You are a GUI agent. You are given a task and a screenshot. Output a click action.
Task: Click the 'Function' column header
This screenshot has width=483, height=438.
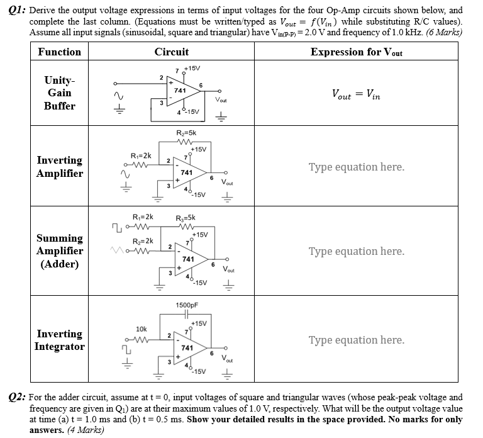point(59,52)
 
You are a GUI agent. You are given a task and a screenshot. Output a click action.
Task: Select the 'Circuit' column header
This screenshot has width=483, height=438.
point(171,52)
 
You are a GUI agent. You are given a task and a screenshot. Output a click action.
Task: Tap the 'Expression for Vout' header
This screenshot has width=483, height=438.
point(356,52)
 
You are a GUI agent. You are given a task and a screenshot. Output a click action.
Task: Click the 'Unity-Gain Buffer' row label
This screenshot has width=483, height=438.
point(59,93)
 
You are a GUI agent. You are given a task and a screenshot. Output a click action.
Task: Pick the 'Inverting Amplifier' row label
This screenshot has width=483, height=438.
point(59,167)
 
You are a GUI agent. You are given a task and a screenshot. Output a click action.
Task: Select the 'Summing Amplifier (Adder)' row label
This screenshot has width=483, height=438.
point(59,251)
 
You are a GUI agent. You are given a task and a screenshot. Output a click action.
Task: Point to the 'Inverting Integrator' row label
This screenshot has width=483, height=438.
point(59,340)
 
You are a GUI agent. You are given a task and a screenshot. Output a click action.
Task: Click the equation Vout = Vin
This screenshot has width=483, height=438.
point(356,94)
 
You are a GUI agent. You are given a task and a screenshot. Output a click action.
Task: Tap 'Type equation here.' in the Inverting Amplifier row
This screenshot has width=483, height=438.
point(356,167)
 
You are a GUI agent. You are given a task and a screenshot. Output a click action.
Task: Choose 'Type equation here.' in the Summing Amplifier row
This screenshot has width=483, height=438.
point(356,251)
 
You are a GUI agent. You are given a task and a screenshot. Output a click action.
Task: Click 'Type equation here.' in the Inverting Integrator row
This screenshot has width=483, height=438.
point(356,340)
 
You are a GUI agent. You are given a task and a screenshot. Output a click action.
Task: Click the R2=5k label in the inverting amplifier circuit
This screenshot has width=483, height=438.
point(187,133)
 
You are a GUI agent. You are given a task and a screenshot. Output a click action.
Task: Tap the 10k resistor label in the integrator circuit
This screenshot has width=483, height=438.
point(142,328)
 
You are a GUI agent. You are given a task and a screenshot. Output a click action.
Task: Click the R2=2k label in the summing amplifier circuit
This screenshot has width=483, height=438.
point(142,241)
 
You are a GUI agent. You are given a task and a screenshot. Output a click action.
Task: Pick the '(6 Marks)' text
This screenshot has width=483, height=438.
point(443,31)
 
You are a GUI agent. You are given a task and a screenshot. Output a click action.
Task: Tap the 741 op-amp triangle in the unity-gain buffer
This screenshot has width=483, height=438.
point(182,91)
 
